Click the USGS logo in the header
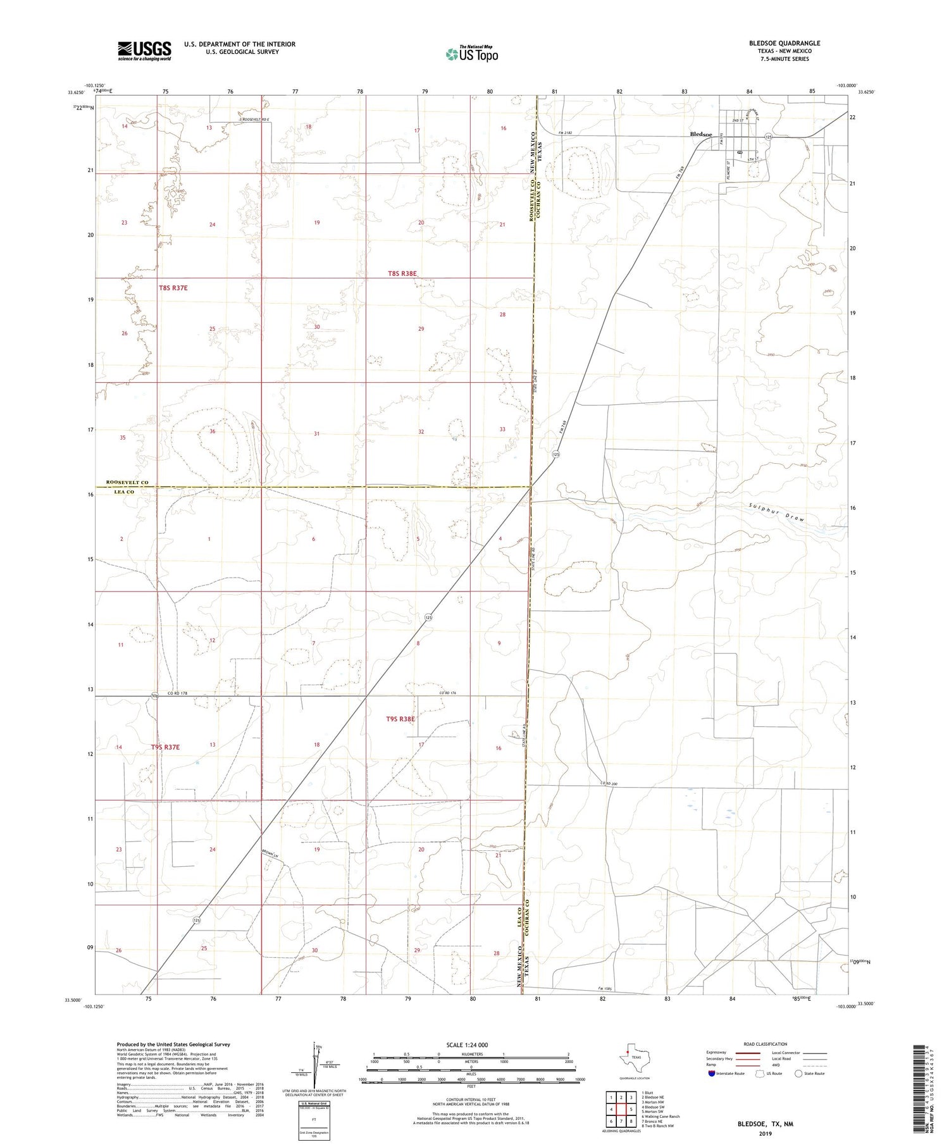[x=144, y=51]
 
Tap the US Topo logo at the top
[x=471, y=54]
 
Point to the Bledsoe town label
[x=700, y=135]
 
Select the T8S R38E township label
[x=402, y=274]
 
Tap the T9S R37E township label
[x=165, y=747]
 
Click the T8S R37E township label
[x=173, y=288]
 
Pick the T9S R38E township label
[x=400, y=719]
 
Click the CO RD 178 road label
[x=179, y=694]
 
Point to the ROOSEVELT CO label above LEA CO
[x=127, y=483]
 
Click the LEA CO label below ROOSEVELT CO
[x=121, y=492]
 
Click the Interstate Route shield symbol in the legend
[x=712, y=1074]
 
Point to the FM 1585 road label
[x=605, y=988]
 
